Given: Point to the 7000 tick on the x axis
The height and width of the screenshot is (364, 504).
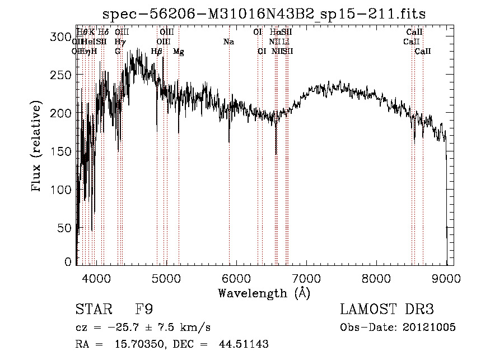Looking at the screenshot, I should pyautogui.click(x=306, y=278).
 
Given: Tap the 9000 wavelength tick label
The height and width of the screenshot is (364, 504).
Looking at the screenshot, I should pyautogui.click(x=446, y=278).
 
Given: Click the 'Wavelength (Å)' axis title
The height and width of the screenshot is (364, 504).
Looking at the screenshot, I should pyautogui.click(x=264, y=293).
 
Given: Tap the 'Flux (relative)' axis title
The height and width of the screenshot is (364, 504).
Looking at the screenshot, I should pyautogui.click(x=38, y=147).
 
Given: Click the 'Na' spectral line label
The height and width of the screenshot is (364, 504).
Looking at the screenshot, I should pyautogui.click(x=228, y=42).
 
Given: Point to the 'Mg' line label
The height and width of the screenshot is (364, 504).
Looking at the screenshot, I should pyautogui.click(x=179, y=52).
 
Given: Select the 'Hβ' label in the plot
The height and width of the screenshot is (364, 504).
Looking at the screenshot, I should pyautogui.click(x=157, y=52).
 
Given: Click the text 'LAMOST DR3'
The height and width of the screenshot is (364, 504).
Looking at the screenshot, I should pyautogui.click(x=387, y=310).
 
